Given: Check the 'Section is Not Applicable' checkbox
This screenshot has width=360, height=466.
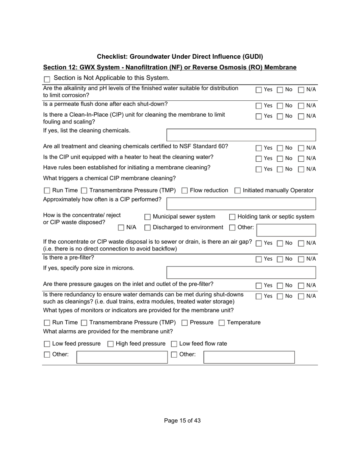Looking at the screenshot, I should (x=47, y=80).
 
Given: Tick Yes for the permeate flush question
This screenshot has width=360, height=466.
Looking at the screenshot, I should (x=259, y=106).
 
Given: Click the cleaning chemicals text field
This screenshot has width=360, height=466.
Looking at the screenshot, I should (x=241, y=135).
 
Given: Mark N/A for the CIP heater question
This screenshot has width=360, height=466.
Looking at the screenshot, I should (x=301, y=159).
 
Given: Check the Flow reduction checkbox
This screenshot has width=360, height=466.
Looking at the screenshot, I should (x=185, y=191).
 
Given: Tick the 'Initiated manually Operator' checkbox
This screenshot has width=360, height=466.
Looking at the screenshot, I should (x=238, y=191).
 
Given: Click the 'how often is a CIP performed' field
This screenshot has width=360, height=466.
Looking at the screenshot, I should (x=241, y=204).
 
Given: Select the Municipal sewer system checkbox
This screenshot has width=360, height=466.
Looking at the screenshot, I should (x=148, y=217).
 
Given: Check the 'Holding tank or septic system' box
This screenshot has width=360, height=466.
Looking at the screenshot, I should (x=232, y=217).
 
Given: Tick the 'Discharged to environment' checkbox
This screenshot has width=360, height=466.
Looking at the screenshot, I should (x=148, y=228).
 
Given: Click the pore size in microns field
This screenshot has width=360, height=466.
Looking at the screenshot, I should (x=241, y=273).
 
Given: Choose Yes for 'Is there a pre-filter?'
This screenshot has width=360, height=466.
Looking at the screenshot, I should (x=259, y=260).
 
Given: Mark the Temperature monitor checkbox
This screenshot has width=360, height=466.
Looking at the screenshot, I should (x=222, y=323).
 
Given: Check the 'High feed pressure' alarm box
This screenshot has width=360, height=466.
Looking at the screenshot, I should (x=111, y=344).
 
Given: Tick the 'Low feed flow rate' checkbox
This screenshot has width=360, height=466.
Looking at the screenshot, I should (x=174, y=344).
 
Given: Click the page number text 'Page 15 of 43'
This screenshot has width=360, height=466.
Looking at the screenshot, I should (x=182, y=421).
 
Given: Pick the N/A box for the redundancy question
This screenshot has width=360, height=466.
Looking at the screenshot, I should (x=301, y=297).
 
